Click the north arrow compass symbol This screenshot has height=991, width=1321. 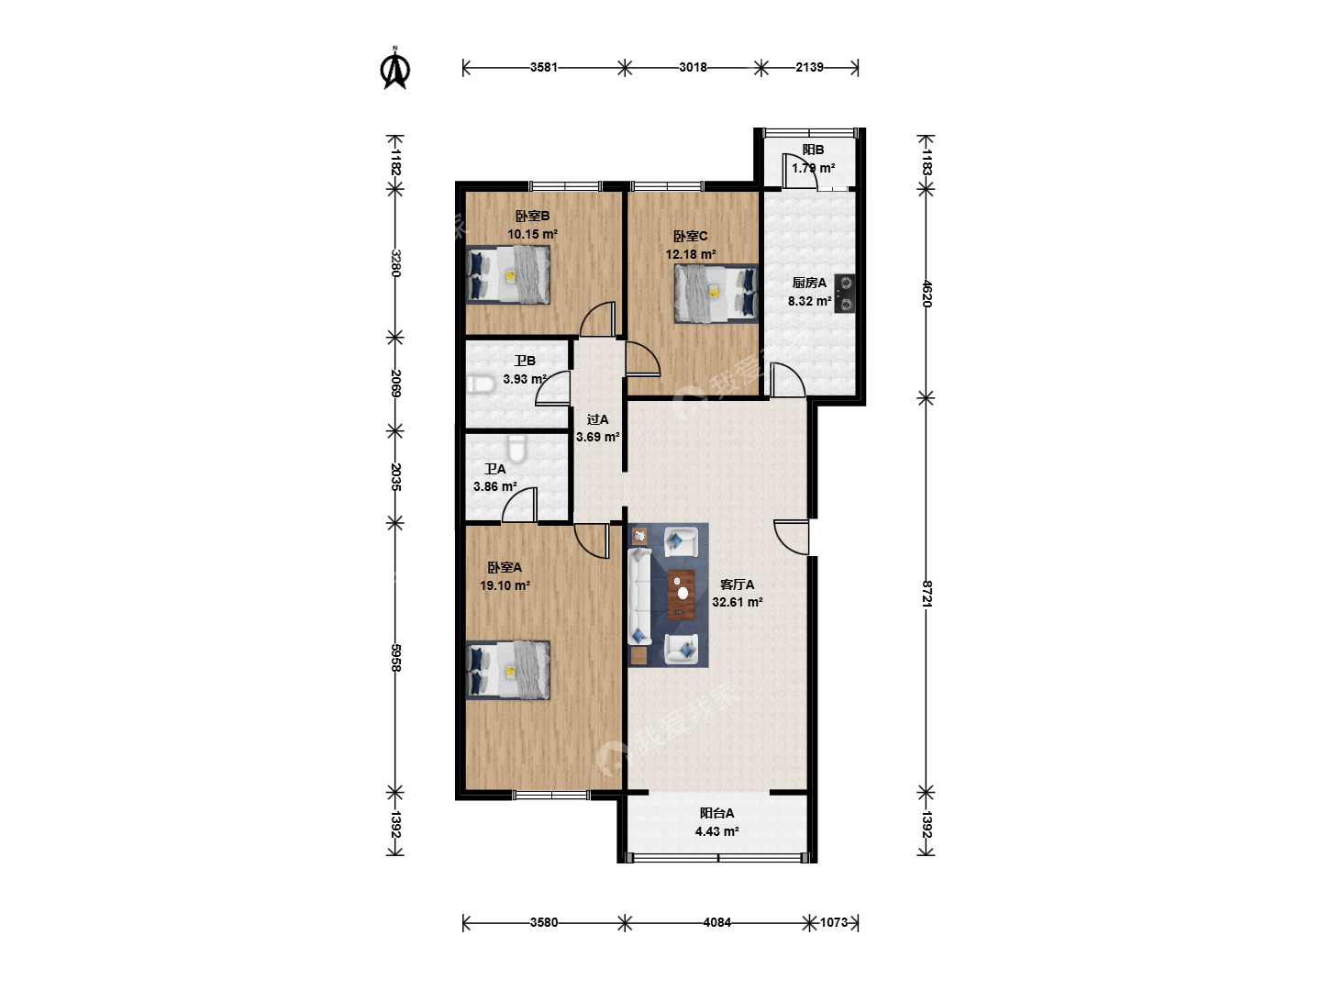[x=394, y=68]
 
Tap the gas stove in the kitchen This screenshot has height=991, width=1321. [x=845, y=294]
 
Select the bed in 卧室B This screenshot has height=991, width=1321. [x=508, y=274]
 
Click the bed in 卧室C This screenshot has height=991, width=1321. [x=716, y=294]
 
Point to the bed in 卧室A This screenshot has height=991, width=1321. [x=508, y=670]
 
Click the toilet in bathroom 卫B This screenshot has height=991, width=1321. [x=481, y=384]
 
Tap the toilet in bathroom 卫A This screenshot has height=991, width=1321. [x=517, y=449]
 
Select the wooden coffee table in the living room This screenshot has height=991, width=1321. [x=682, y=595]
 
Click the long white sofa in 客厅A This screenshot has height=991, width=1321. [x=639, y=596]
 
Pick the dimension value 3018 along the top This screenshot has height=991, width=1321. [x=693, y=67]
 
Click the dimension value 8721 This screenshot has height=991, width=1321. [x=927, y=594]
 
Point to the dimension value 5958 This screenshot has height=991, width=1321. [x=395, y=658]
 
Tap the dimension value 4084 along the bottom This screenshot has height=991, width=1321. [x=716, y=922]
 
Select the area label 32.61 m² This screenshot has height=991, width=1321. [x=738, y=602]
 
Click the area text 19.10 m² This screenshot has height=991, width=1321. [x=505, y=585]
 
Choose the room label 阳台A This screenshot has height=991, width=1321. [x=716, y=813]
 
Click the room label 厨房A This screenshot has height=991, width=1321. [x=809, y=283]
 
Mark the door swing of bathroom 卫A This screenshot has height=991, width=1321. [x=519, y=505]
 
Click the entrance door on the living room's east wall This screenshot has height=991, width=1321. [x=792, y=538]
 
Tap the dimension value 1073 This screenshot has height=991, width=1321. [x=834, y=922]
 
